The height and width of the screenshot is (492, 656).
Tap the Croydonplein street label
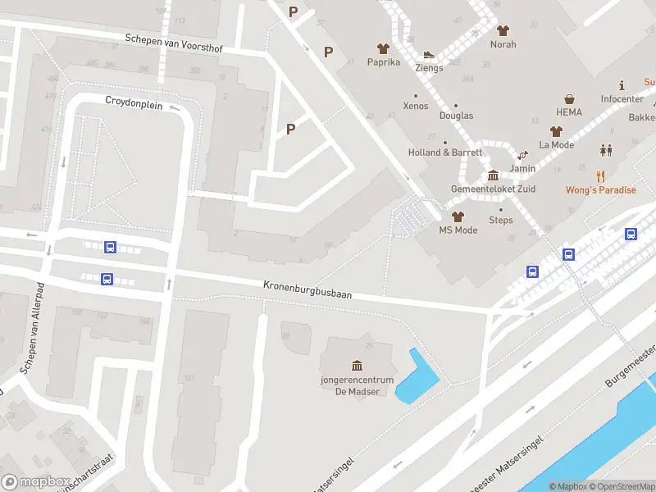(134, 103)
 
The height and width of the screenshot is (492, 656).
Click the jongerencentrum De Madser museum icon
(357, 365)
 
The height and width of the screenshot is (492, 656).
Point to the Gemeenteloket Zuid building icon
(493, 175)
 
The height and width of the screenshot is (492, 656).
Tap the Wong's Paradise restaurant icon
(600, 175)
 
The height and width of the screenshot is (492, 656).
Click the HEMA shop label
(568, 112)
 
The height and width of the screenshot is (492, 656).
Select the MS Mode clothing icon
(458, 216)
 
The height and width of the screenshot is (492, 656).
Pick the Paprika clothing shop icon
(383, 48)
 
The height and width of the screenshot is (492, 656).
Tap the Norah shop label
(503, 44)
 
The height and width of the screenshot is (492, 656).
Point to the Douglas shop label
(456, 116)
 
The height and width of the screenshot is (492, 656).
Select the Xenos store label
(416, 107)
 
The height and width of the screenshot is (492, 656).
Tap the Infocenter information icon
(622, 84)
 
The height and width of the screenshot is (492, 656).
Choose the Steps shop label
(500, 220)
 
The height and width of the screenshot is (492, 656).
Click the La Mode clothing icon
(556, 131)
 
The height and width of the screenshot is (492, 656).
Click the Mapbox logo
(34, 482)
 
